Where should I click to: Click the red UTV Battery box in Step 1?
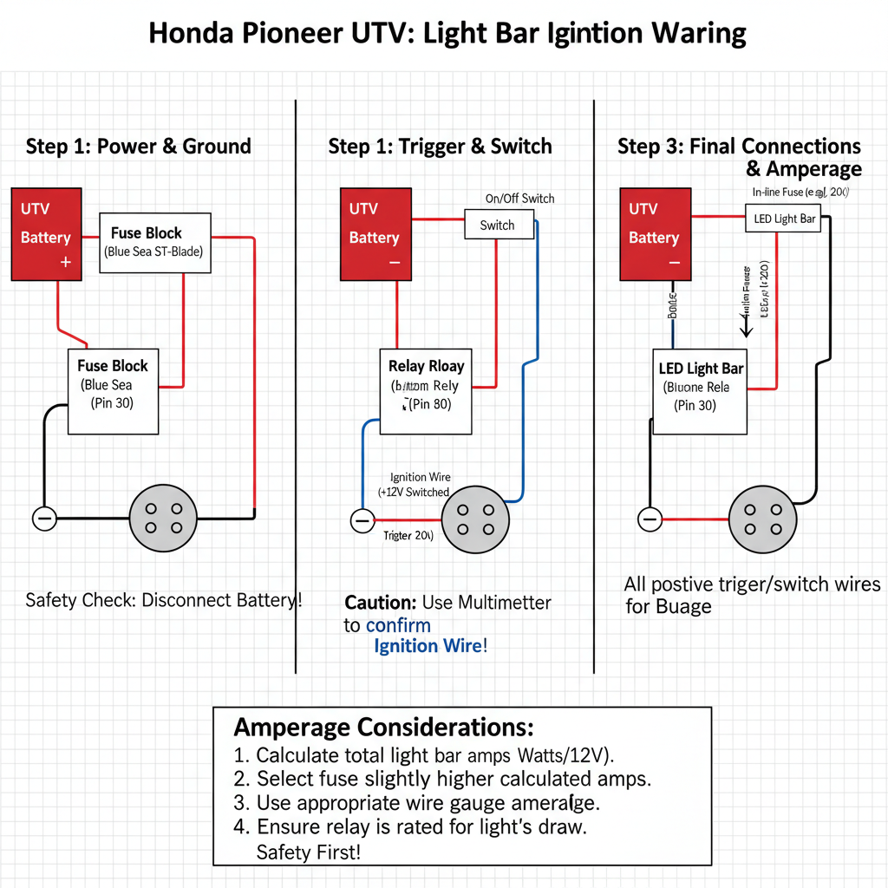(x=46, y=234)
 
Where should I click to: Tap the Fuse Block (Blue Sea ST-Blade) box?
(x=155, y=243)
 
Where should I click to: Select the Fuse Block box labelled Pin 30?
(x=113, y=391)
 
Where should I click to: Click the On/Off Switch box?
(x=497, y=225)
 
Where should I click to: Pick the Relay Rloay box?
(x=426, y=391)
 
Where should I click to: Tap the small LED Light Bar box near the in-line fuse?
(x=784, y=219)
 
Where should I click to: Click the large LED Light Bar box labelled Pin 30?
(x=700, y=391)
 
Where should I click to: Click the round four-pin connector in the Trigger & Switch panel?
(x=476, y=519)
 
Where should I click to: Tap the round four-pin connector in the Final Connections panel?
(x=762, y=519)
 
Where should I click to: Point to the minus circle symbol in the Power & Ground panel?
(x=44, y=519)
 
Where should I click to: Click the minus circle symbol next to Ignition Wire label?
(x=362, y=520)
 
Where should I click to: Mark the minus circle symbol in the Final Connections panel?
(x=650, y=519)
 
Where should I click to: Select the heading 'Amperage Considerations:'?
(x=384, y=726)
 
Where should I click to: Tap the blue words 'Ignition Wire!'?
(x=430, y=646)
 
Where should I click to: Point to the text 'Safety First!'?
(x=308, y=852)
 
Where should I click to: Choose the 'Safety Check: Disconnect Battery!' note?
(x=164, y=600)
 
